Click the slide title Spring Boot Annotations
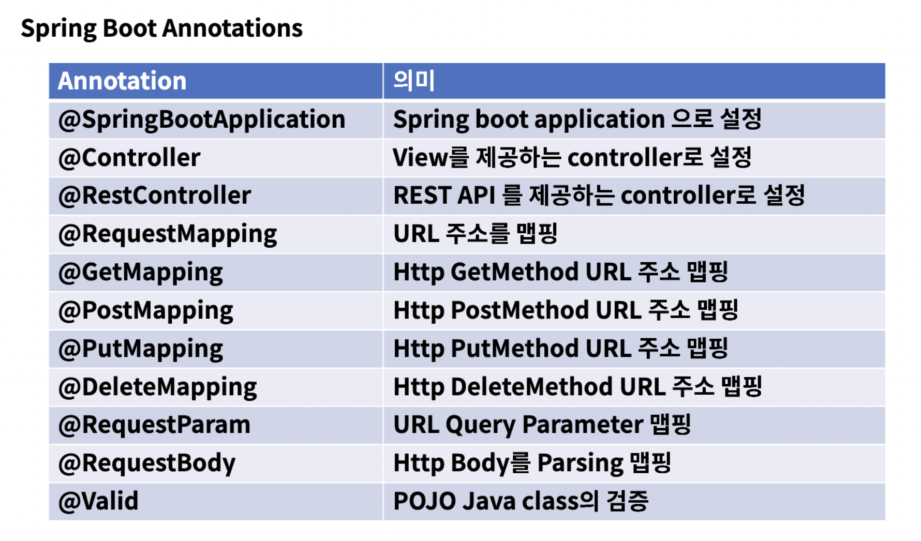161,29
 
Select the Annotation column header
122,81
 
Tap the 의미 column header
414,81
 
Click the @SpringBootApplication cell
202,120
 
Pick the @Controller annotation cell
129,158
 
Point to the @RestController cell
155,196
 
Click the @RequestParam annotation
154,425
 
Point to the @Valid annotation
98,501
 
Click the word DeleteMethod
532,387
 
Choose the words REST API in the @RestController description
444,196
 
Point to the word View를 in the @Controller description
431,158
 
